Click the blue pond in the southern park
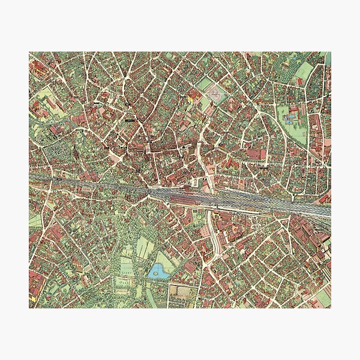click(158, 271)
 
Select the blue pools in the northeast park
click(291, 117)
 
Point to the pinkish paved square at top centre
click(214, 94)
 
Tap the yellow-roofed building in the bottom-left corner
click(34, 296)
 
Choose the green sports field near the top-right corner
click(304, 71)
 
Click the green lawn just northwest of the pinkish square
click(204, 83)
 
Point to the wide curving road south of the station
click(211, 240)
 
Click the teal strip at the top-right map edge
click(328, 58)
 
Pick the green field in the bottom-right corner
click(322, 296)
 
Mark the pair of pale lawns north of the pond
click(143, 247)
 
